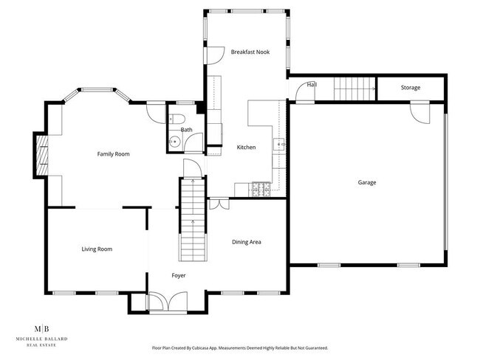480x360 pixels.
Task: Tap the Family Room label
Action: coord(114,154)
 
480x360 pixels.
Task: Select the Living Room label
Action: coord(97,249)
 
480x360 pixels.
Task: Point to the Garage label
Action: coord(367,182)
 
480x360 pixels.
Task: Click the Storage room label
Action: coord(411,88)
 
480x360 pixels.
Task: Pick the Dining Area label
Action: coord(247,242)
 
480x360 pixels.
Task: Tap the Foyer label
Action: coord(179,275)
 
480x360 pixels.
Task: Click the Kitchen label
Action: coord(246,148)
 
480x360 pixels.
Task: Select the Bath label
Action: coord(187,130)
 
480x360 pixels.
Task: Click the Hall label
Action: coord(312,85)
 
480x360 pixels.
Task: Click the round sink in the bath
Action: coord(175,139)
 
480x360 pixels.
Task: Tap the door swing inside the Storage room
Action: coord(419,113)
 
